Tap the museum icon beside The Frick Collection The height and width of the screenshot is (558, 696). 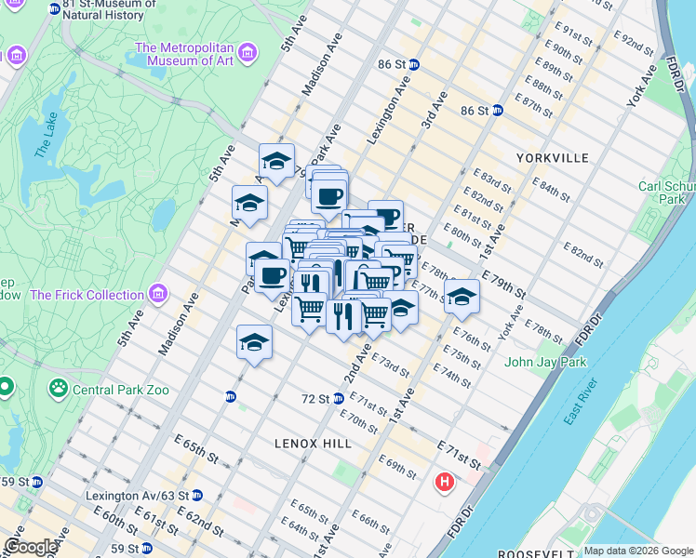click(x=158, y=295)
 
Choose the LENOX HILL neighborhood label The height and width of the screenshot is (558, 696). click(x=313, y=444)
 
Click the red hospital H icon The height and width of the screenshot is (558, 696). click(x=445, y=483)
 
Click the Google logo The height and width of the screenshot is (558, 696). click(x=30, y=547)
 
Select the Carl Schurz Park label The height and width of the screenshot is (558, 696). click(x=666, y=193)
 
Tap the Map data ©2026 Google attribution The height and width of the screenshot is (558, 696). click(x=637, y=551)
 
